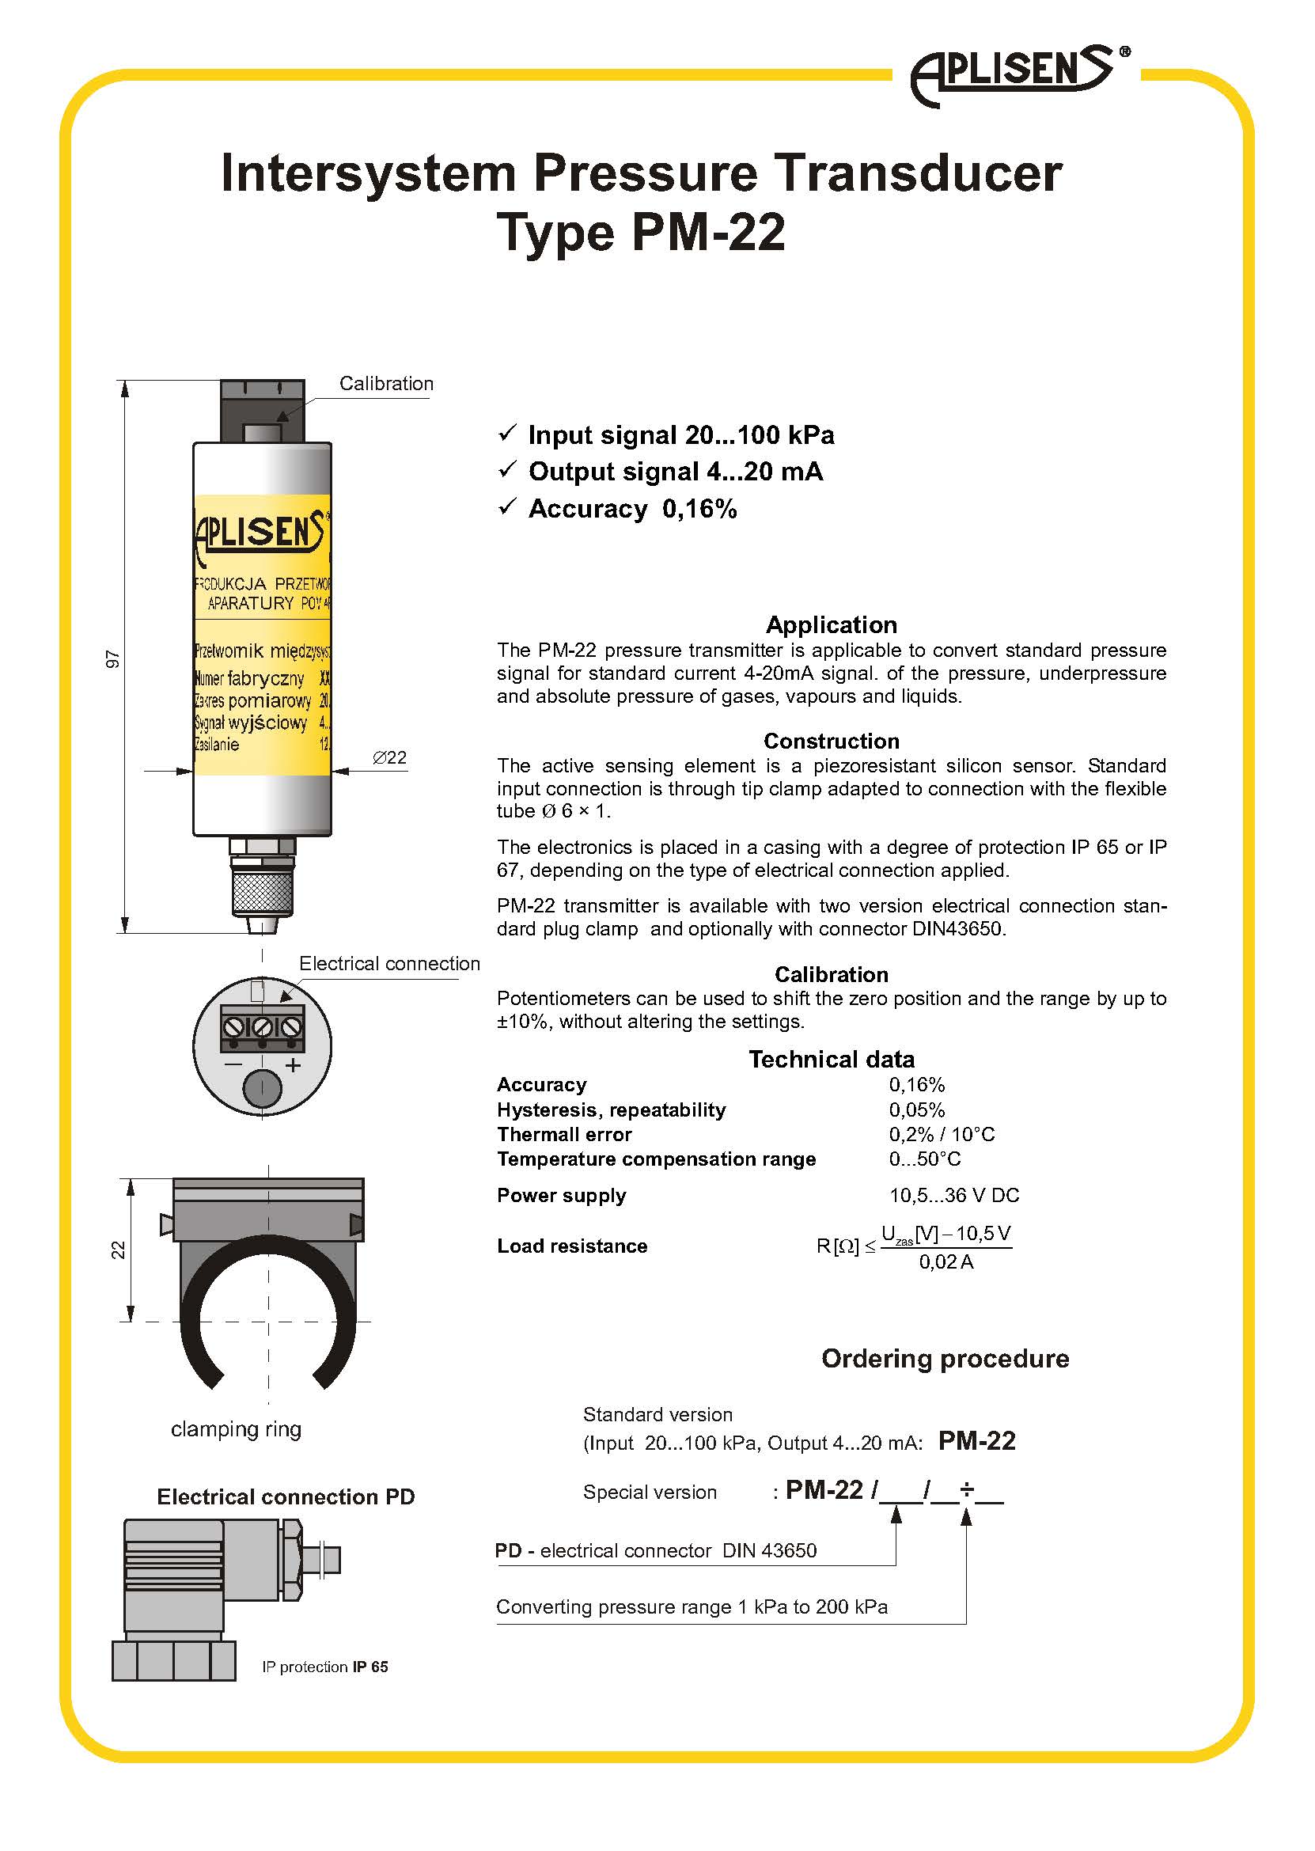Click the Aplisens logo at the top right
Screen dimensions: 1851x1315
(x=1016, y=74)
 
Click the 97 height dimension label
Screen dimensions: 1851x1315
(x=113, y=659)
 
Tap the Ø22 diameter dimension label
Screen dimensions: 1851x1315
(x=389, y=758)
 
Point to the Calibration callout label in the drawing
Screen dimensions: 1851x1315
(x=385, y=384)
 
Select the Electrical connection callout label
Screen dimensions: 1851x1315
(x=388, y=964)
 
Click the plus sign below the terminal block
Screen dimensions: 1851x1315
(x=293, y=1066)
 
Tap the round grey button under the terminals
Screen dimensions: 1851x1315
(x=262, y=1088)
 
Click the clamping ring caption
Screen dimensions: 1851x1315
(x=236, y=1429)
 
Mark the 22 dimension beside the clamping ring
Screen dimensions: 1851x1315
(x=118, y=1250)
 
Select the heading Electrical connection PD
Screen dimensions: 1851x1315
(x=285, y=1497)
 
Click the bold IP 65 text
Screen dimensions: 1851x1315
(x=370, y=1667)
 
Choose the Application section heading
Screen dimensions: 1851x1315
(x=831, y=625)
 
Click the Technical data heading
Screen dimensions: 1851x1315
(x=831, y=1060)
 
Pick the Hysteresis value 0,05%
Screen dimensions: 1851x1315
(x=916, y=1110)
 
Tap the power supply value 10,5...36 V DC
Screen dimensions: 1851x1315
(x=954, y=1196)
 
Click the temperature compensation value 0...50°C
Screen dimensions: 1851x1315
(x=925, y=1159)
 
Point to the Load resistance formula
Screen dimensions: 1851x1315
(x=913, y=1247)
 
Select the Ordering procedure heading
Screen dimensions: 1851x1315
(x=945, y=1359)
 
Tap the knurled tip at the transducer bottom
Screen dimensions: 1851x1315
(x=262, y=893)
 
